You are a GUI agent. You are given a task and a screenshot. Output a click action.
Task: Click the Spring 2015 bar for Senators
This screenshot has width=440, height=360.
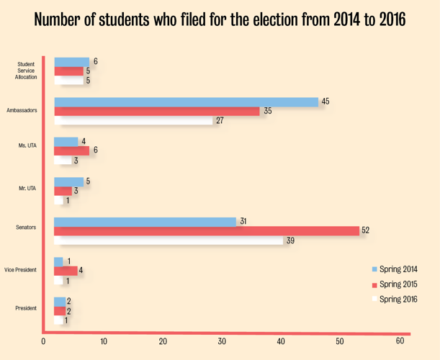click(206, 230)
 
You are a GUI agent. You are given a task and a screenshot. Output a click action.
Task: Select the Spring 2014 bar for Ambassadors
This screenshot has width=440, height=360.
click(186, 102)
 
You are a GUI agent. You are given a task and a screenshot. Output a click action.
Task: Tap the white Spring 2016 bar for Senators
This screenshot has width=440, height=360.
click(169, 240)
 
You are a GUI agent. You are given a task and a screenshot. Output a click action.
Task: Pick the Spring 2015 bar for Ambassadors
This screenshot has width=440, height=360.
click(157, 112)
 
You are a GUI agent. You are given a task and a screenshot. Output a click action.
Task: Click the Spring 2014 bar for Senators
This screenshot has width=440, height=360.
click(145, 222)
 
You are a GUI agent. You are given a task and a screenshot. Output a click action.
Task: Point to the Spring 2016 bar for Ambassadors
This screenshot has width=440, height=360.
click(133, 120)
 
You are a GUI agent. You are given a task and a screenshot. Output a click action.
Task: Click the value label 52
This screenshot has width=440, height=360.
click(366, 230)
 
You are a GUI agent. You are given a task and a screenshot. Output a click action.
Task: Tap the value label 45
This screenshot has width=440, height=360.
click(325, 102)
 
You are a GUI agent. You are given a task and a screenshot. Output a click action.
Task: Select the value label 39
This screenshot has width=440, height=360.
click(290, 240)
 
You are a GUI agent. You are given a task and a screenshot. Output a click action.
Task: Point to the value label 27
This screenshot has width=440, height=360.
click(220, 120)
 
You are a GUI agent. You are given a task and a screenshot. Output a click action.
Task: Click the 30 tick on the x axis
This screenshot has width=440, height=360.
click(223, 341)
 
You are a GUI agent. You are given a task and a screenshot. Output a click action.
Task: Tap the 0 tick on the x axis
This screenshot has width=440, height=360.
click(44, 341)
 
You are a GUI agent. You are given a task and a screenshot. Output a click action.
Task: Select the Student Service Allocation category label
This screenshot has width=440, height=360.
click(26, 71)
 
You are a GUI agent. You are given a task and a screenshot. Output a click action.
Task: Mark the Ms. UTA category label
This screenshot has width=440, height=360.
click(27, 146)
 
